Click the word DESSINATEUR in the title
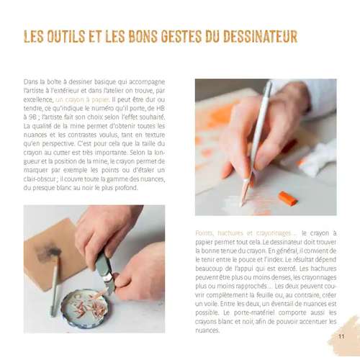coord(260,37)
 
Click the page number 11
coord(341,336)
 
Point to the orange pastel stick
coord(288,198)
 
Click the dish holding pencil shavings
coord(86,308)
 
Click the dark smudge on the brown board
coord(48,253)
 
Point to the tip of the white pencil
coord(242,205)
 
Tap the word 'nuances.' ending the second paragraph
coord(207,330)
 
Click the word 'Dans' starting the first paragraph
coord(31,82)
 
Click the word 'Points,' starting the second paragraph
coord(204,233)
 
